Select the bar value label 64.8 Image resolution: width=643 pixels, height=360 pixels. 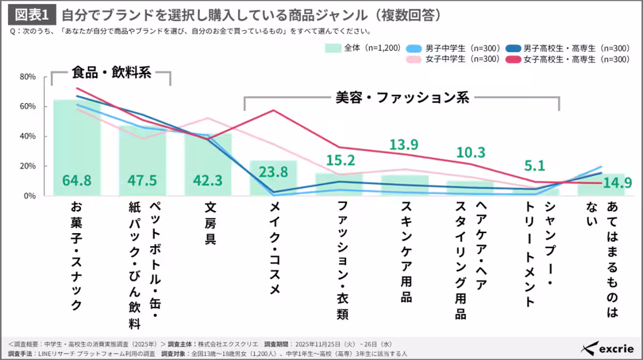[x=77, y=181]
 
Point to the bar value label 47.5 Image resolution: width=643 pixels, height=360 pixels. [x=142, y=181]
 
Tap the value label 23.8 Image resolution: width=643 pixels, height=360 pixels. [x=273, y=172]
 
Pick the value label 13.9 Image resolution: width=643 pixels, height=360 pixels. [x=405, y=145]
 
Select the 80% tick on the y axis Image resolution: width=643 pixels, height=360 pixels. [x=28, y=77]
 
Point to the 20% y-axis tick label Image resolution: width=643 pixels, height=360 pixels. [x=28, y=166]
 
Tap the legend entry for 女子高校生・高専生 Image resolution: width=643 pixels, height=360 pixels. [x=568, y=59]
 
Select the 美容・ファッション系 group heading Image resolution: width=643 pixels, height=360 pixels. [x=402, y=97]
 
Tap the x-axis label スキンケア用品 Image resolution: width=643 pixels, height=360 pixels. [x=406, y=252]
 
